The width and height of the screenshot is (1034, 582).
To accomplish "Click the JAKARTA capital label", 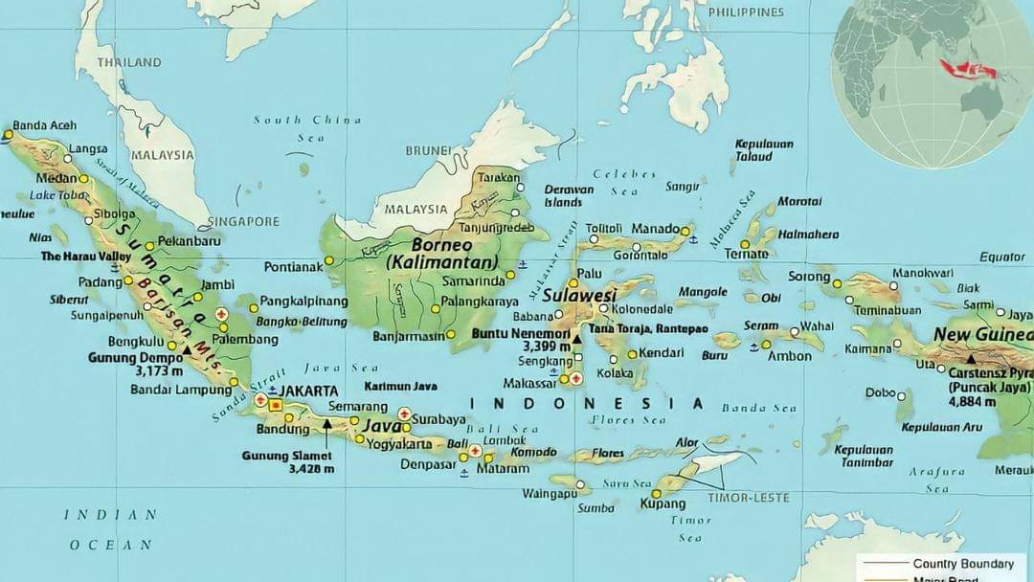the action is click(307, 391).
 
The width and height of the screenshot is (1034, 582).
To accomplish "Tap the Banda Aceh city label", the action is click(44, 125).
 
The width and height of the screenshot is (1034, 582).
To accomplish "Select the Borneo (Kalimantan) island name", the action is click(443, 254).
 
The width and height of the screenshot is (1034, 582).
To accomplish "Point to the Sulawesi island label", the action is click(578, 295).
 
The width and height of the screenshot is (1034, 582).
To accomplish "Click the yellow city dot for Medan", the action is click(84, 178).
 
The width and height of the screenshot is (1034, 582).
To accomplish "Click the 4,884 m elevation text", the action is click(974, 402).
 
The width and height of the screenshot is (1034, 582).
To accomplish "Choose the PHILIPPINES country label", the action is click(746, 12).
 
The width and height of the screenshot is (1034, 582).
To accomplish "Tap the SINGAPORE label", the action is click(244, 221).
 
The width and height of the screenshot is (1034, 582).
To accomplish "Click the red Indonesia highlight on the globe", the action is click(967, 69).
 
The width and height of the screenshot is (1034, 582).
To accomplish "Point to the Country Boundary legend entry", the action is click(963, 564).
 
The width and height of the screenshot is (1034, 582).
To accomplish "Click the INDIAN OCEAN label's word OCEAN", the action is click(110, 545).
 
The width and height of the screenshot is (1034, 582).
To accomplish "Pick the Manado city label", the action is click(656, 230).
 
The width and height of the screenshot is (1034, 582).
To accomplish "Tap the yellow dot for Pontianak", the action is click(328, 259).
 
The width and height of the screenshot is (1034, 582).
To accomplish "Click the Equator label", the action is click(1001, 257).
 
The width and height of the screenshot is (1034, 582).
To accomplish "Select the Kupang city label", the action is click(663, 504).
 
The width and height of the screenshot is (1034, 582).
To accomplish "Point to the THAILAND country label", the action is click(129, 62).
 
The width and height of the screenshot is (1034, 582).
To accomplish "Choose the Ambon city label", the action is click(792, 356).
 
